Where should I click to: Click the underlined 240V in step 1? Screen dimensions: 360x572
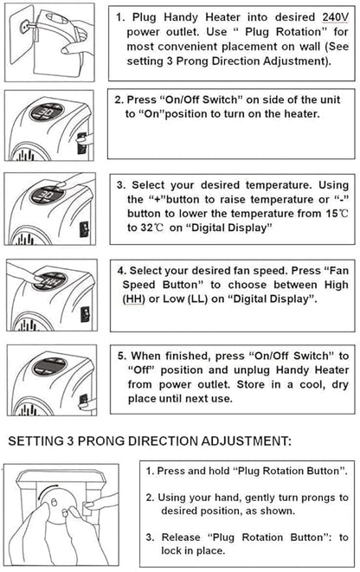tap(336, 17)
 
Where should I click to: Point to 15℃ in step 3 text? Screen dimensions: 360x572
tap(337, 214)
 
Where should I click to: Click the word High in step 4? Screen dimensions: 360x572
tap(337, 285)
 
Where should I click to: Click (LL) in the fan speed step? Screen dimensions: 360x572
tap(197, 299)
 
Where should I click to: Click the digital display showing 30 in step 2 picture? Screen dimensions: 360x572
tap(48, 112)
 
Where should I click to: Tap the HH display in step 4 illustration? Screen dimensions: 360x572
tap(49, 281)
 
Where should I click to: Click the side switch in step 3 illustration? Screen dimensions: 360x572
tap(85, 229)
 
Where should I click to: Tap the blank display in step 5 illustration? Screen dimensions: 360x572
tap(49, 367)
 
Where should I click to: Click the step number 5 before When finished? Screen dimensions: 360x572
tap(121, 356)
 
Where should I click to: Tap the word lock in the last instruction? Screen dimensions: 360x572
tap(171, 550)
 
